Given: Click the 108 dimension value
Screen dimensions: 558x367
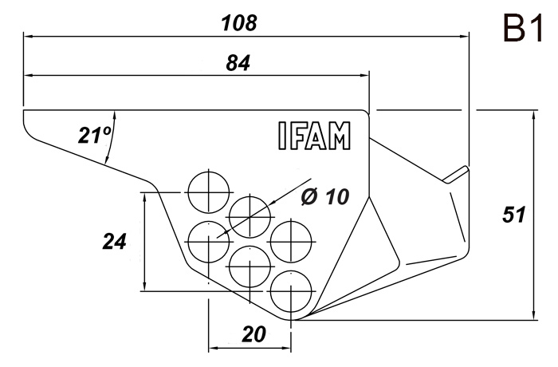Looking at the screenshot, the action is (239, 23).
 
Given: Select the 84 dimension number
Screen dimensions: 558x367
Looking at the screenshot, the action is (238, 63).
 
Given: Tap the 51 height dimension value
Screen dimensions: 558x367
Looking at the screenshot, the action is (514, 215).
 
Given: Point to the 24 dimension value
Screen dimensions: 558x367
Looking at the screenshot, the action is (114, 241).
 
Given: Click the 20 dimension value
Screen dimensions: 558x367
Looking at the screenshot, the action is (253, 334).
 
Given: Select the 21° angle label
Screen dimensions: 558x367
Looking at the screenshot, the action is (95, 135).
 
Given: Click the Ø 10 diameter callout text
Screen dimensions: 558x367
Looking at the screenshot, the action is (325, 196).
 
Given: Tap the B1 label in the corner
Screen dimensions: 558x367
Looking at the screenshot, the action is (523, 29).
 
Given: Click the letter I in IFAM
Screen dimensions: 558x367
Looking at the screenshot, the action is (282, 136).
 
